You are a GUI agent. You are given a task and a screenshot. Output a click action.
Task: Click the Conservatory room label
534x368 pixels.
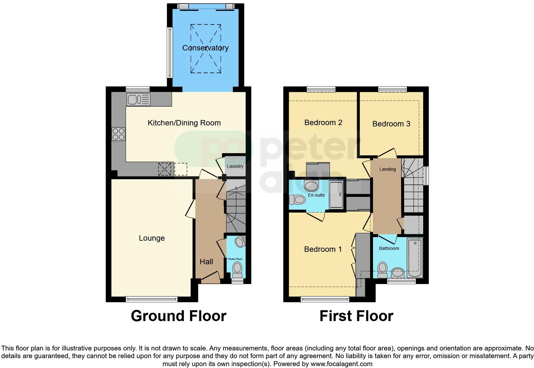205,48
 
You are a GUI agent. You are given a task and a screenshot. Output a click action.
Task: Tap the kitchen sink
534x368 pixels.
138,100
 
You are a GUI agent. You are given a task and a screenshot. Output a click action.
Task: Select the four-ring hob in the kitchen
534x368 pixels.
118,134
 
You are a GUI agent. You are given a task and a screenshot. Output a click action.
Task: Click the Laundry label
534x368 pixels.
235,166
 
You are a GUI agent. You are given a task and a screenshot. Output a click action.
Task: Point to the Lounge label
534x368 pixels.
152,238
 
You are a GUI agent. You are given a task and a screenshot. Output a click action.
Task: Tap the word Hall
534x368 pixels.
206,262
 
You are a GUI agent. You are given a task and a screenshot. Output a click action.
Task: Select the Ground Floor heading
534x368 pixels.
179,316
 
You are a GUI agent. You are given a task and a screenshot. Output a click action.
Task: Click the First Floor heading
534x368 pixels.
356,316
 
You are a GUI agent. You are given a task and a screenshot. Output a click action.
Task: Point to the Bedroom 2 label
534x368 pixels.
323,123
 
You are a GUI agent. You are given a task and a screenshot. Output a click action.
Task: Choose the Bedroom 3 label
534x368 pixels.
391,124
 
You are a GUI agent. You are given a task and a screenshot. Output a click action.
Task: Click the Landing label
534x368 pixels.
387,169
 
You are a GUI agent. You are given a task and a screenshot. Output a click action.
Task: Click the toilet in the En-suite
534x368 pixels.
297,200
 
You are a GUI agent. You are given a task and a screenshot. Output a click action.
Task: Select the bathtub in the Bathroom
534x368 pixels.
415,258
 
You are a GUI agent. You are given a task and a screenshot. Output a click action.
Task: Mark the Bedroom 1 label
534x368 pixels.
323,249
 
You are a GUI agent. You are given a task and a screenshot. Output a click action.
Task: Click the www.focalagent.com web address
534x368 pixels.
341,364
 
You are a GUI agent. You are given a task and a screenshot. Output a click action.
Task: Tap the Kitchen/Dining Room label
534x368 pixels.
184,123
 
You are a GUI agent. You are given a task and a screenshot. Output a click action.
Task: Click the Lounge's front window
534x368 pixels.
152,299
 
